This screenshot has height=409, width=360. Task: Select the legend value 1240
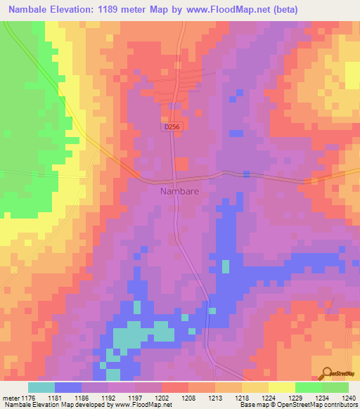(x=347, y=397)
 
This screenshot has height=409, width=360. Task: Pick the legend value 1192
(x=109, y=397)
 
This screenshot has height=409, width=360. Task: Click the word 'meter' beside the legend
(x=11, y=397)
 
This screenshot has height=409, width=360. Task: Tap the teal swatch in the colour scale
(x=41, y=387)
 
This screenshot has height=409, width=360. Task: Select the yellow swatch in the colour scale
(x=281, y=387)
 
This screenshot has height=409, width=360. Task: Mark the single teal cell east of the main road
(x=226, y=266)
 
